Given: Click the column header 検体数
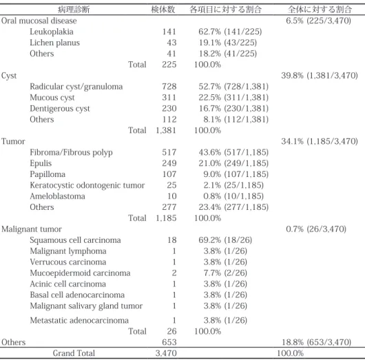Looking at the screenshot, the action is pos(163,10).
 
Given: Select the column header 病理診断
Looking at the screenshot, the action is pos(74,10).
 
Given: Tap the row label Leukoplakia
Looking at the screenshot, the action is pos(52,32).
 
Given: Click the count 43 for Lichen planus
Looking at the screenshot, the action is pos(171,43).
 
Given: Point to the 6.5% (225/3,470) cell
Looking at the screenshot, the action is pos(318,21).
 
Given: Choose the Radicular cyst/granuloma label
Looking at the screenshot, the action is pos(76,87).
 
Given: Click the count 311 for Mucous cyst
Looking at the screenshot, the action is pos(169,98).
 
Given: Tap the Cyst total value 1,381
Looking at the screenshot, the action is pos(166,130).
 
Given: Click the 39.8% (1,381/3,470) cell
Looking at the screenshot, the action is pos(320,76).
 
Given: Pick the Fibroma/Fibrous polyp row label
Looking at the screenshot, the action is pos(71,152).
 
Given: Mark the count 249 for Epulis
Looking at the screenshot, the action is pos(169,163).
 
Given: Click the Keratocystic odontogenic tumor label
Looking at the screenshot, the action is pos(87,185).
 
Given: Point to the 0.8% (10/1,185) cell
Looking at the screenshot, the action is pos(233,196).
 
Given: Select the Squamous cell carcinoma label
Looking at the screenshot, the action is pos(75,240).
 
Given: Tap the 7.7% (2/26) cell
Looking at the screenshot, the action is pos(225,273).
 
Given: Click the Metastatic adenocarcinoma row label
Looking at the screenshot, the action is pos(79,321).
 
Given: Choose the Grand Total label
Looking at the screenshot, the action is pos(74,353).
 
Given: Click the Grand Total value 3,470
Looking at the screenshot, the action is pos(166,353).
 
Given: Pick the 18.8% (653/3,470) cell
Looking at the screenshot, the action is pos(316,342).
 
